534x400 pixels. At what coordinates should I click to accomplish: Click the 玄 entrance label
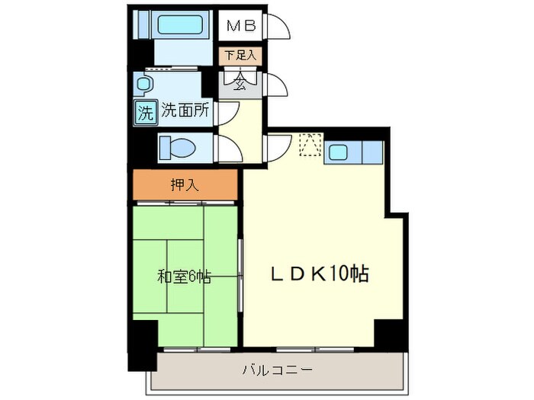tap(240, 80)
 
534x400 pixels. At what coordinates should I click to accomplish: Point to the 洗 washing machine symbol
tap(145, 111)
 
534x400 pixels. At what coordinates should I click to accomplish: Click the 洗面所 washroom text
tap(185, 111)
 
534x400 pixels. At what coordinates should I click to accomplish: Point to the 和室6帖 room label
tap(184, 277)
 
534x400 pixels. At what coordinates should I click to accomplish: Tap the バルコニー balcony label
tap(277, 371)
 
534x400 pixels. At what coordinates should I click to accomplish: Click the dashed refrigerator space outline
tap(311, 146)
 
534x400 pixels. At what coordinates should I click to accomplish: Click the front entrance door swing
tap(276, 85)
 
